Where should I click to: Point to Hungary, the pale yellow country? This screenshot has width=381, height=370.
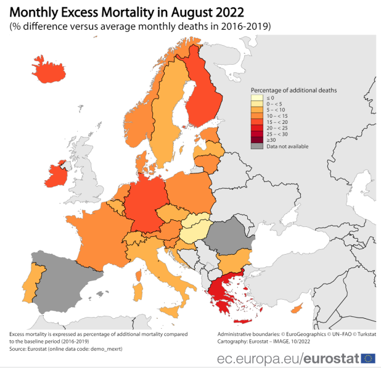click(x=196, y=232)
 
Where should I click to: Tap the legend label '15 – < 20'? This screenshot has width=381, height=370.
click(x=275, y=122)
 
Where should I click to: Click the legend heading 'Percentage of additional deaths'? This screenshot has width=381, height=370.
click(x=293, y=90)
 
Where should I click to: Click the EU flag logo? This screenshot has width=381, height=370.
click(x=369, y=358)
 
